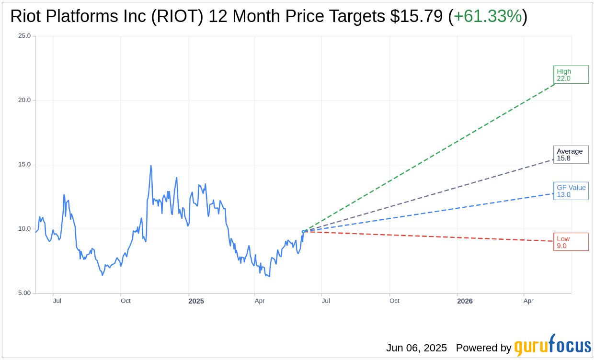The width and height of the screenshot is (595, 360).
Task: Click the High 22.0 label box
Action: point(571,75)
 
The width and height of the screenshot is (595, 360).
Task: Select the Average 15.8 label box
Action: point(571,155)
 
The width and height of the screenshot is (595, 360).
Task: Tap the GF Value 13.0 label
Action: point(571,191)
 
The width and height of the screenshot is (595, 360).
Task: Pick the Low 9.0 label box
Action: point(571,242)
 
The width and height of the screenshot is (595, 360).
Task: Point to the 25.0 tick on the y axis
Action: point(24,36)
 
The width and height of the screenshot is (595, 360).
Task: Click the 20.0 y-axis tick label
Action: point(24,100)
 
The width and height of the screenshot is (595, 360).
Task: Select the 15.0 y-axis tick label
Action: point(24,165)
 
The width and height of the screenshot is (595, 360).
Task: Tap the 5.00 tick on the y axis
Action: point(24,293)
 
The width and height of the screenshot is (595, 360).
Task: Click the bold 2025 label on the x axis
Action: point(196,301)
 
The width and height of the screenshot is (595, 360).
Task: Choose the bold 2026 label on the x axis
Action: point(465,301)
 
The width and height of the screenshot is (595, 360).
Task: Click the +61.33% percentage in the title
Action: point(487,16)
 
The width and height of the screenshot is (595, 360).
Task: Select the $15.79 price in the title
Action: point(416,16)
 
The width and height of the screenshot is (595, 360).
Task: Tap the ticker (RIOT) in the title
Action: point(177,16)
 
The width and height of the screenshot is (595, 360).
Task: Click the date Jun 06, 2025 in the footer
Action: point(416,348)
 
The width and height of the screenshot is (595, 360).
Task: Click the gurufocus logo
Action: point(552,346)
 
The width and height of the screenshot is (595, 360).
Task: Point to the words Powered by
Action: point(483,348)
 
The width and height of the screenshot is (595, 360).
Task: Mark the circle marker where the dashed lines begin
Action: point(303,232)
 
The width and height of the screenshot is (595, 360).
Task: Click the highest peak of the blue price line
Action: point(151,166)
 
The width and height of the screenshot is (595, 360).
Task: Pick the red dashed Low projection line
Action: point(431,236)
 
